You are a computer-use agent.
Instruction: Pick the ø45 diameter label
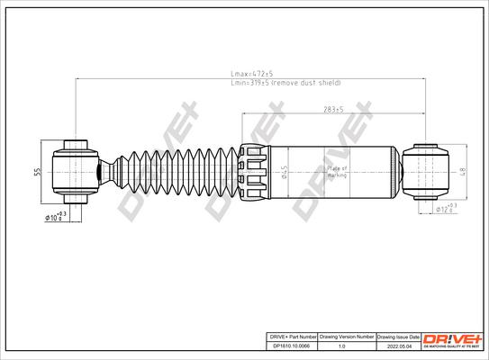(x=283, y=170)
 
